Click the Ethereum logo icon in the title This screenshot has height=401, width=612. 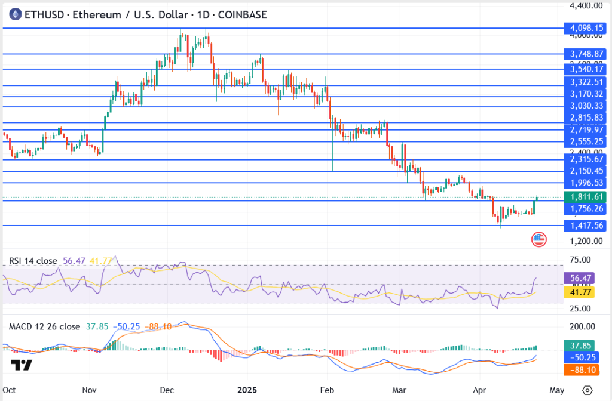tap(14, 14)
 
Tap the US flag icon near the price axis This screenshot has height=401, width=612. tap(538, 240)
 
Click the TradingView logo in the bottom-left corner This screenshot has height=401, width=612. tap(22, 365)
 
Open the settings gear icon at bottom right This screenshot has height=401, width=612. tap(587, 390)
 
